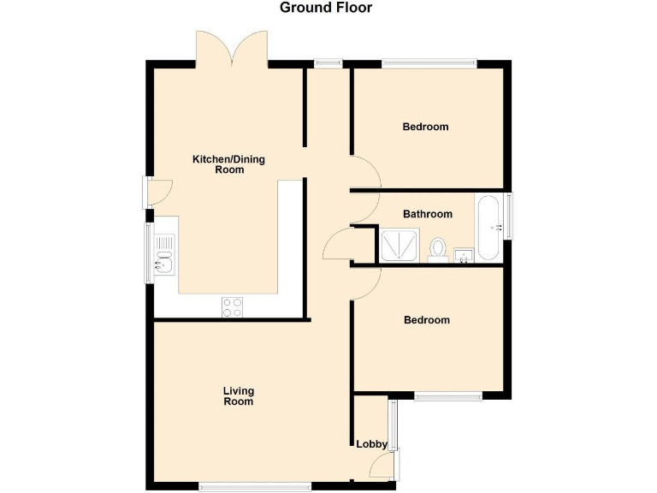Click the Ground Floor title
(326, 9)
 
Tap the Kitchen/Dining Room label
(218, 164)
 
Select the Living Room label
(239, 395)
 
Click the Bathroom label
(428, 214)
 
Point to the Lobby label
(372, 444)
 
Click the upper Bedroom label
(425, 127)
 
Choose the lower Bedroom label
(426, 320)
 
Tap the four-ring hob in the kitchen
(233, 306)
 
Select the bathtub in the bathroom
(489, 228)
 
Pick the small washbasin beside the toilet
(464, 254)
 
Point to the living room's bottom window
(255, 487)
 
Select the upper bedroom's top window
(429, 62)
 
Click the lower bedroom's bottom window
(448, 396)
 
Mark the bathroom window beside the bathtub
(510, 217)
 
